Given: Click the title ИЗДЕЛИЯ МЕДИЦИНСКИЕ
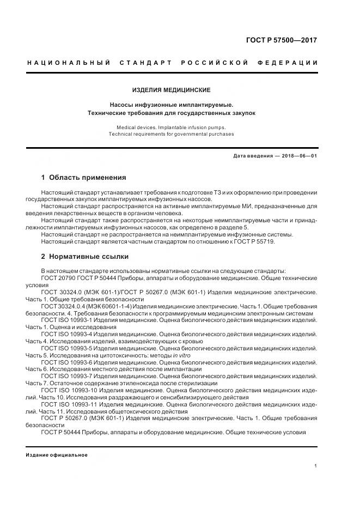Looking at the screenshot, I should pyautogui.click(x=172, y=89).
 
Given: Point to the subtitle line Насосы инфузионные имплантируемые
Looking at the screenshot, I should pyautogui.click(x=172, y=104).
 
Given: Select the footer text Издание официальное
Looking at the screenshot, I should pyautogui.click(x=56, y=455).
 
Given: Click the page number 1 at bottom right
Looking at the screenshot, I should pyautogui.click(x=316, y=466).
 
